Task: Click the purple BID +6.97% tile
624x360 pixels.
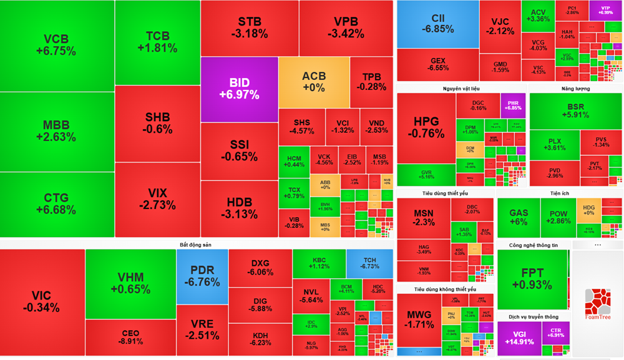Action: (239, 89)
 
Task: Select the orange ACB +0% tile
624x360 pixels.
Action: (314, 82)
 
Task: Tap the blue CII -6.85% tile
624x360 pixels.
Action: (437, 24)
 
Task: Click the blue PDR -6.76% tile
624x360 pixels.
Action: (202, 276)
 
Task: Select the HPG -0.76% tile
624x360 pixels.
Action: (426, 127)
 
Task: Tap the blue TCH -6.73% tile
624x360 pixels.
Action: (369, 263)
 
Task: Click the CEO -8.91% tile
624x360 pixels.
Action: (130, 337)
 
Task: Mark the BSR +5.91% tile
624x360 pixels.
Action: (575, 110)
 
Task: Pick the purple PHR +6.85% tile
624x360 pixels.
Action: (513, 104)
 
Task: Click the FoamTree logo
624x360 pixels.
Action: (598, 304)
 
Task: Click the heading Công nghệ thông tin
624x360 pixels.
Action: (533, 245)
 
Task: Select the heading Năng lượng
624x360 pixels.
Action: (575, 89)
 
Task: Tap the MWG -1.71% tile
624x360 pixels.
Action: (419, 318)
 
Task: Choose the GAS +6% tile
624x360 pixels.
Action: (518, 216)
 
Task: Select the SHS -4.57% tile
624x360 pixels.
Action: (301, 127)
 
